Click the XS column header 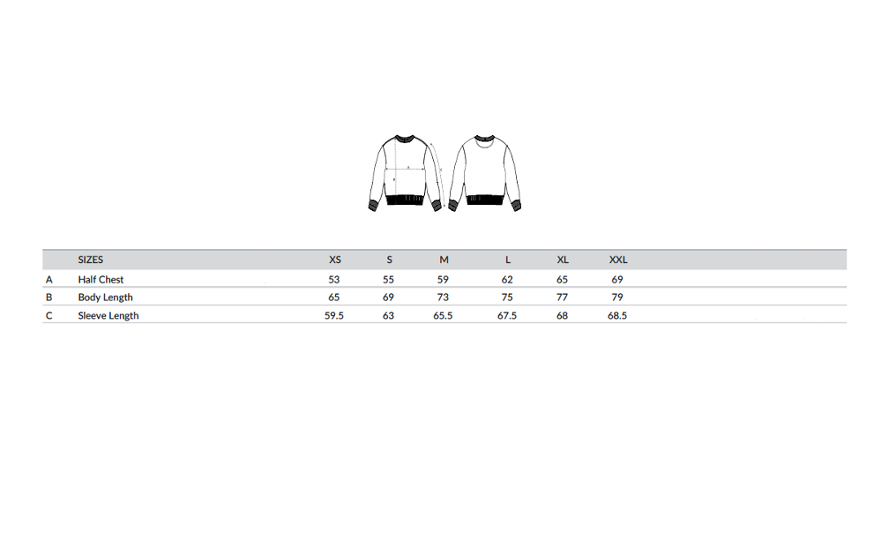pos(335,260)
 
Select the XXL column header pos(617,260)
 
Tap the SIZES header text pos(90,260)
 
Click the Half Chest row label pos(101,279)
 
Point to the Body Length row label pos(105,297)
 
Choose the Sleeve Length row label pos(108,315)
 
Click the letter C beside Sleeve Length pos(49,315)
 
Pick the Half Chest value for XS pos(334,279)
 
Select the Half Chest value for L pos(507,279)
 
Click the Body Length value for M pos(443,297)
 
